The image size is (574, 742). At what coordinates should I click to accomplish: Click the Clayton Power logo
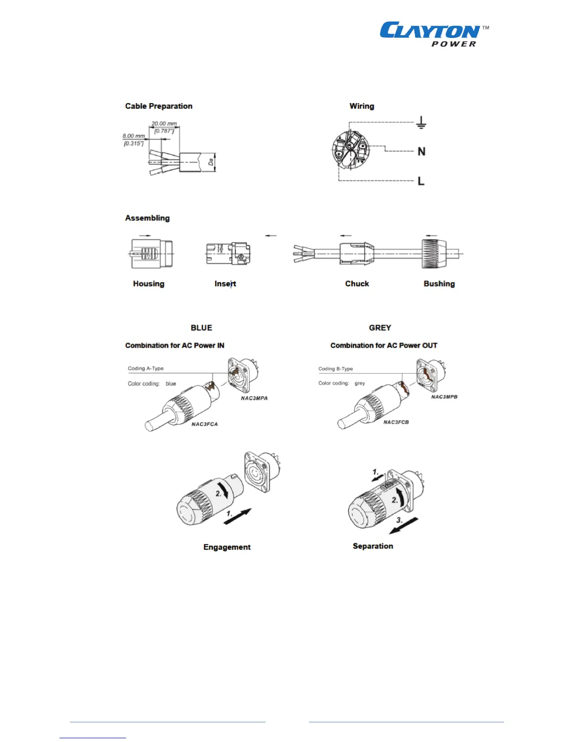click(x=433, y=34)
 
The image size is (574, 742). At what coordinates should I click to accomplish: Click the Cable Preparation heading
click(x=159, y=106)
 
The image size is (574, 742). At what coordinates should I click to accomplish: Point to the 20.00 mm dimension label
click(x=164, y=124)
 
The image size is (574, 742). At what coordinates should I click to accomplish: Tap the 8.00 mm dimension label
click(x=134, y=136)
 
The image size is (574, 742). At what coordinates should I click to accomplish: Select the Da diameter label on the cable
click(x=211, y=162)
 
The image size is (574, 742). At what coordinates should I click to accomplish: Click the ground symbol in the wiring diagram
click(x=421, y=123)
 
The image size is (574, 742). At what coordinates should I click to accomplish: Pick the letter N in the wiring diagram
click(x=422, y=151)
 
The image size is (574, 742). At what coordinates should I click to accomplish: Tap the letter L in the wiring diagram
click(x=421, y=181)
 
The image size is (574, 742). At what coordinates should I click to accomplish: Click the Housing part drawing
click(x=151, y=253)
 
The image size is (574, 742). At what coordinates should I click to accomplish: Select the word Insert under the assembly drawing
click(x=225, y=283)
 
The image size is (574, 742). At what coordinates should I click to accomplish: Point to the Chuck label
click(x=357, y=283)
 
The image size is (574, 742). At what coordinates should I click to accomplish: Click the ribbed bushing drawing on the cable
click(x=434, y=253)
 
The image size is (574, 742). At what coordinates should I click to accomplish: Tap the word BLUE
click(x=201, y=327)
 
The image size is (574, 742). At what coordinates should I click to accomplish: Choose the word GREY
click(x=380, y=327)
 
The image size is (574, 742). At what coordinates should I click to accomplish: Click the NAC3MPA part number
click(x=254, y=398)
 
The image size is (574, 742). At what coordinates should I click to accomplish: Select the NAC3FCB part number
click(x=396, y=422)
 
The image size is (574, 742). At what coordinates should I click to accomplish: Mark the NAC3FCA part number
click(x=204, y=424)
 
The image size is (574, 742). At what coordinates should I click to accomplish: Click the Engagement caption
click(x=227, y=547)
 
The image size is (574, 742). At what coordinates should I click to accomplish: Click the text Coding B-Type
click(x=335, y=369)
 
